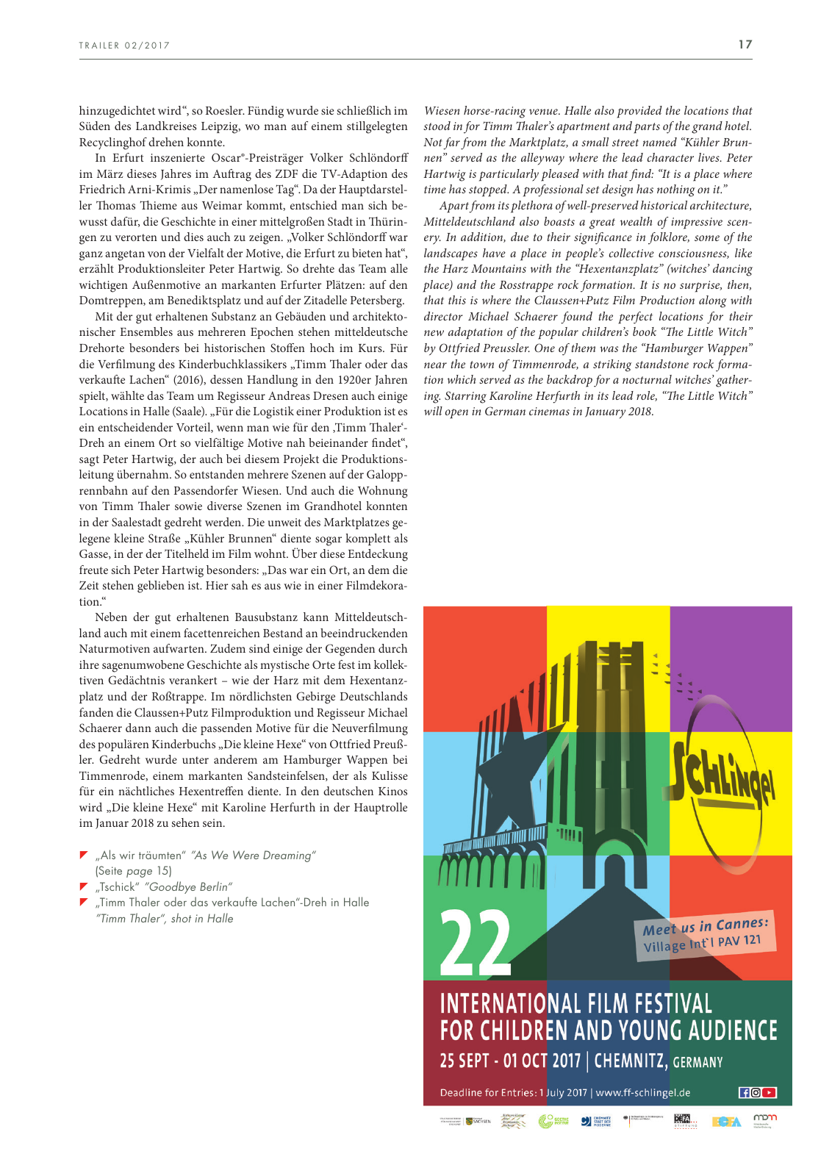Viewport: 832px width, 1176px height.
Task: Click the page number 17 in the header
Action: click(745, 44)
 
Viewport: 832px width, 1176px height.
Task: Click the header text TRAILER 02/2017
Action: click(124, 46)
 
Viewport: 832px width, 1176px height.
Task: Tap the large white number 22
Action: click(476, 942)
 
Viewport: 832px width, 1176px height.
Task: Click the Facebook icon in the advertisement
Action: click(744, 1092)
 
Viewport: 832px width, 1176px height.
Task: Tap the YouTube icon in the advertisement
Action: click(770, 1092)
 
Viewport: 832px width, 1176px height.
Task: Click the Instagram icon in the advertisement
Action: click(756, 1092)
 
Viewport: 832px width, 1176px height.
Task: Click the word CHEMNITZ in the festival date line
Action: click(631, 1061)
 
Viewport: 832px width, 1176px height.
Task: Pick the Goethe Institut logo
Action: click(553, 1121)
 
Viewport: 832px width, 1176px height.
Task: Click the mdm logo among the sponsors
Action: click(764, 1119)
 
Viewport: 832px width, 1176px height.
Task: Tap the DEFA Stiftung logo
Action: click(684, 1119)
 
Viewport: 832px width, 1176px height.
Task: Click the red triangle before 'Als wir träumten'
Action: click(84, 855)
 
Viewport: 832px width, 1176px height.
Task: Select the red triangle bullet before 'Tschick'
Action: click(84, 886)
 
